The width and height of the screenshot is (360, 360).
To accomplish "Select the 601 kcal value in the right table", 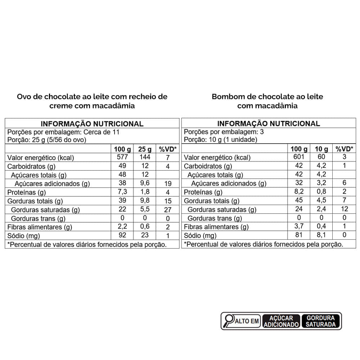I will pos(298,157).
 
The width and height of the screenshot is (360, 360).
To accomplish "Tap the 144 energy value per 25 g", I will pos(145,157).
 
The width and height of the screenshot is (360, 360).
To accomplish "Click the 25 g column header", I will pos(145,149).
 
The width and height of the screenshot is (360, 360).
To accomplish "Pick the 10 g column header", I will pos(321,149).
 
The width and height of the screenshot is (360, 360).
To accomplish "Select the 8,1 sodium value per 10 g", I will pos(321,235).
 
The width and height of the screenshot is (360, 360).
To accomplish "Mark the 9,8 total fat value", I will pos(145,201).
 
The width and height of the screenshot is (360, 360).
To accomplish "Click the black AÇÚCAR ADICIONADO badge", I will pos(281,321).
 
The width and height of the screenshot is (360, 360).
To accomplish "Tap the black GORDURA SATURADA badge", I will pos(321,321).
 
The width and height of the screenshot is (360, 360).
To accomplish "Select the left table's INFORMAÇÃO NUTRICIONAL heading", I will pos(92,123).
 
